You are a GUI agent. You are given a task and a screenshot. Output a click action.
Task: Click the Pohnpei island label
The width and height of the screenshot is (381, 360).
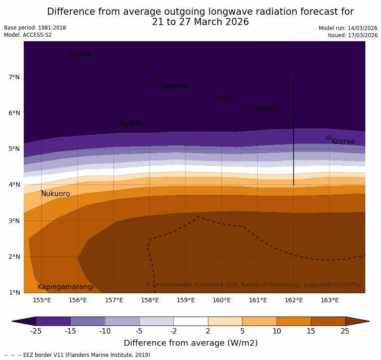175,86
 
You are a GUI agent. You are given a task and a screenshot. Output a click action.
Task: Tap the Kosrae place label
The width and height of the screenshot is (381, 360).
343,141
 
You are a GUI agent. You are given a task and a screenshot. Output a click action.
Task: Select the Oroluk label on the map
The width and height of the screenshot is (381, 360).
80,54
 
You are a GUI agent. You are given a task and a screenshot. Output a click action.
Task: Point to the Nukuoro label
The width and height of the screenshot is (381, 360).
56,194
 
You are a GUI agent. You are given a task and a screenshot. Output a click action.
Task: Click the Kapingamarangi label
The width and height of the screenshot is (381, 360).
65,287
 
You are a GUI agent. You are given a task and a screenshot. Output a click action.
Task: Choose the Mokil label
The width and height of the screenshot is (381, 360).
225,98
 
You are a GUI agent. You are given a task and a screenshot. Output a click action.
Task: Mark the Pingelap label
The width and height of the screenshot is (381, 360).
262,108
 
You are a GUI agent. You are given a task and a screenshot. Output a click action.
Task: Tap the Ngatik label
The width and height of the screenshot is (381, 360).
130,123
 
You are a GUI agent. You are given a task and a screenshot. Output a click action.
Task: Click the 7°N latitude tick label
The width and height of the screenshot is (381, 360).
14,77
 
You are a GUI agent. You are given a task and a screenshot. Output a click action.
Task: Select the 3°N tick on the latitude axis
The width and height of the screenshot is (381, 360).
14,221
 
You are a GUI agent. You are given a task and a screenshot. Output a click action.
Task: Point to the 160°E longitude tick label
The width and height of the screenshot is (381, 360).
221,300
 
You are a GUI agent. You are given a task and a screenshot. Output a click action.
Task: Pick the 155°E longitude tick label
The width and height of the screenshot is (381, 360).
42,300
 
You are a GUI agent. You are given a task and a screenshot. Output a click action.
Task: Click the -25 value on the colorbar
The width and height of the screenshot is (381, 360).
36,331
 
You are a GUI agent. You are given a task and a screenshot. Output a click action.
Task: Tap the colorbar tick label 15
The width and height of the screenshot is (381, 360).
311,331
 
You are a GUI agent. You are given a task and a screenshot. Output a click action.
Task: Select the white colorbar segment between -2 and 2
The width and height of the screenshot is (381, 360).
190,321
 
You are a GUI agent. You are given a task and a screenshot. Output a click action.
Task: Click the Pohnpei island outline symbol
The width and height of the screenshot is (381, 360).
157,81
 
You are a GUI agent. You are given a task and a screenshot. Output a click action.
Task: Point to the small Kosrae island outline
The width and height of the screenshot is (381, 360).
328,137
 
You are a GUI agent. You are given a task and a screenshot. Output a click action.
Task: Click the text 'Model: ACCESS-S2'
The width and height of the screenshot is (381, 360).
28,35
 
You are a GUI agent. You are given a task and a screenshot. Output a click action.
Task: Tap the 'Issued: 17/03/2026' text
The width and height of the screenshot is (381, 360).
352,35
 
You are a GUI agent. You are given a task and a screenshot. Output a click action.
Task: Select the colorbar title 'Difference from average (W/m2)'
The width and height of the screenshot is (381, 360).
190,343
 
